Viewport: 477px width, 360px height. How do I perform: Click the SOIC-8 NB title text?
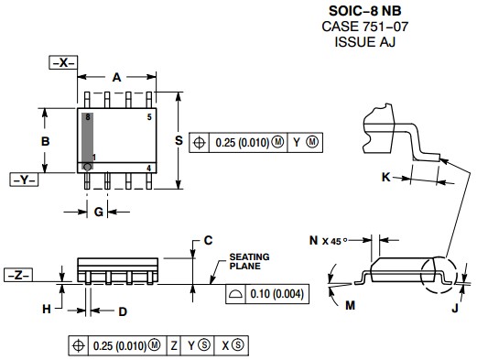click(364, 11)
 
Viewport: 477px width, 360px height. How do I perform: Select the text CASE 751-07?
click(364, 27)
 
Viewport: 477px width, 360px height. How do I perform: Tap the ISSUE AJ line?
click(364, 42)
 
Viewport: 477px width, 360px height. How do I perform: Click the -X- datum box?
click(63, 62)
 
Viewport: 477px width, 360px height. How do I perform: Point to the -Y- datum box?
click(24, 180)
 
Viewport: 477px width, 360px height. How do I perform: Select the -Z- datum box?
click(18, 275)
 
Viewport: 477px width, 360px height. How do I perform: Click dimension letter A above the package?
click(116, 78)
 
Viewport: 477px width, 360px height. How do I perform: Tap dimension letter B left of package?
click(45, 141)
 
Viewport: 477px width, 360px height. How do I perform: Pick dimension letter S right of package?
click(179, 140)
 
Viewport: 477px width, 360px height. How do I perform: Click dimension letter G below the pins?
click(99, 212)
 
